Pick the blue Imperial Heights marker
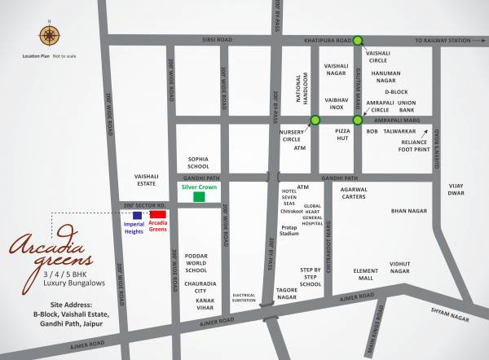point(137,215)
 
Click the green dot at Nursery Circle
point(315,121)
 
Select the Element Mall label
point(366,274)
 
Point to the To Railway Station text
point(443,40)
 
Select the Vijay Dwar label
point(456,190)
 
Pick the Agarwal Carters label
point(354,193)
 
